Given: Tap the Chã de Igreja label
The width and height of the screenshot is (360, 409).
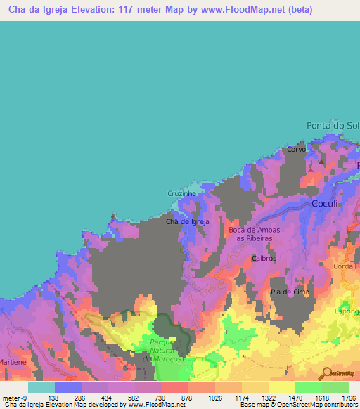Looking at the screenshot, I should (x=187, y=221).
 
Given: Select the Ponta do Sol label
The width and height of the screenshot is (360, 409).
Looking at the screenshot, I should (x=333, y=125).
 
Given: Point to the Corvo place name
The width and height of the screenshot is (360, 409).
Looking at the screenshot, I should (x=297, y=150).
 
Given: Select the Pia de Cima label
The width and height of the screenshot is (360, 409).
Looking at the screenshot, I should (x=290, y=291).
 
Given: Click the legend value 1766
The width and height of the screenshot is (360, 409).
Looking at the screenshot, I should (x=349, y=397).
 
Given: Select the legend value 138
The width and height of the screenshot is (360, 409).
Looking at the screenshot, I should (x=52, y=397).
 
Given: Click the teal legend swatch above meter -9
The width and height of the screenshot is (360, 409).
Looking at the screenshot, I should (x=41, y=387).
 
